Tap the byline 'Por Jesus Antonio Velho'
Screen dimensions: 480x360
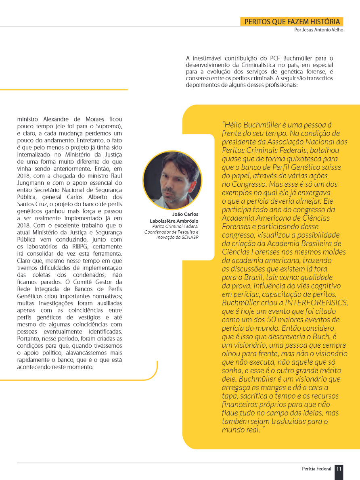click(x=319, y=30)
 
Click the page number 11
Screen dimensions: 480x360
click(x=339, y=469)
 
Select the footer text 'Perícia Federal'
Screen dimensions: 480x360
click(x=316, y=469)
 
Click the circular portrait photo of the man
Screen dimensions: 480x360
click(x=172, y=180)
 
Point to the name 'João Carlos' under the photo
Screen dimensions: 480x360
click(x=185, y=214)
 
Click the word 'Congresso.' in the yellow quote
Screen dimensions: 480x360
click(x=241, y=184)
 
